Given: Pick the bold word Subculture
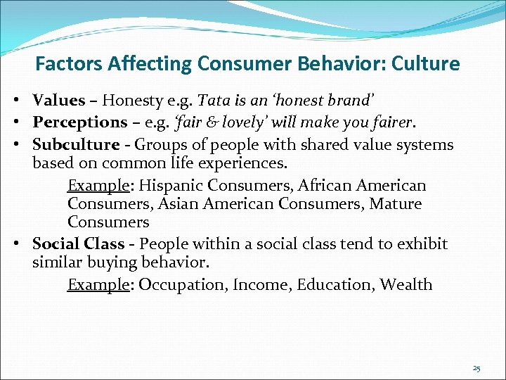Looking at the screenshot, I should (76, 145).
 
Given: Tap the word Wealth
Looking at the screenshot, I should (406, 284).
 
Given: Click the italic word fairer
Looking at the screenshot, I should (391, 122).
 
